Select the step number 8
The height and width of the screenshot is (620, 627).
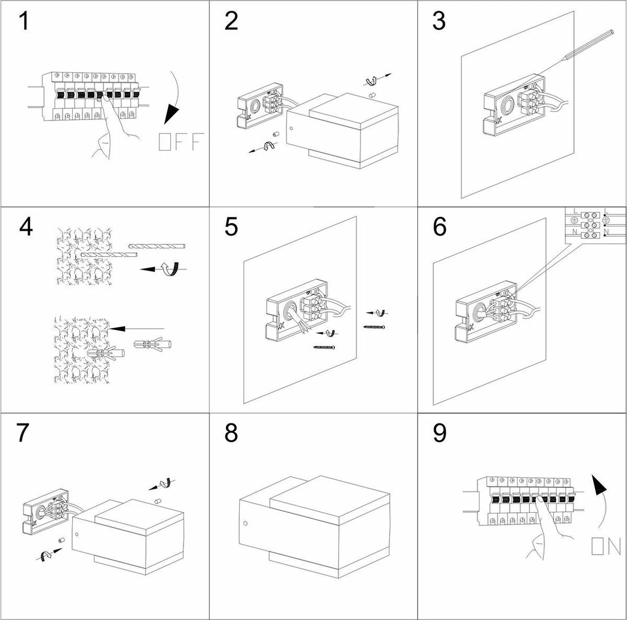[x=231, y=433]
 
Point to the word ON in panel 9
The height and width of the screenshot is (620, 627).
[x=606, y=546]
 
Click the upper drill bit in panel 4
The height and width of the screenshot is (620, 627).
[x=157, y=245]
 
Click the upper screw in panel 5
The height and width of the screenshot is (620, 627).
[x=374, y=327]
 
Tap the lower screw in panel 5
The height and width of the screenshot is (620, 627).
[x=324, y=347]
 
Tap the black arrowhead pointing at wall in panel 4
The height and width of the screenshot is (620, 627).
[x=118, y=328]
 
